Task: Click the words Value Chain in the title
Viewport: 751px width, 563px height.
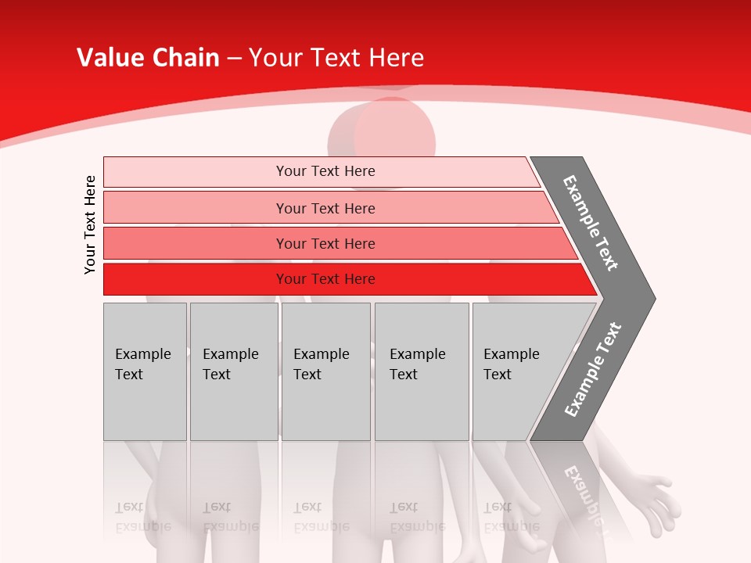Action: pos(148,58)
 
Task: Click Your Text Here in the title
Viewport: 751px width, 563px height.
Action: pos(336,58)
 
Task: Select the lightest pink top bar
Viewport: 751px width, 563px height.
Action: pos(325,171)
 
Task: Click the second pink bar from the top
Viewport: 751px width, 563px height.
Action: pos(325,208)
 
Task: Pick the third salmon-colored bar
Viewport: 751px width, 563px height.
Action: pos(325,243)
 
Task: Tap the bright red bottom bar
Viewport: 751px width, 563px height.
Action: pos(325,279)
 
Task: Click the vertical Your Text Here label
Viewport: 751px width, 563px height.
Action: pos(90,225)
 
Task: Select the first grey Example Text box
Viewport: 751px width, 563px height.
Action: pos(145,371)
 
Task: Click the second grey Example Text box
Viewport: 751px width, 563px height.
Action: pos(233,371)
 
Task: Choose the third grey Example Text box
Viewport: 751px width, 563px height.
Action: pos(325,371)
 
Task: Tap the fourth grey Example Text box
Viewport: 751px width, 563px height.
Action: pos(421,371)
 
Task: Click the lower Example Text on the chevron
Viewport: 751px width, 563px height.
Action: pos(593,369)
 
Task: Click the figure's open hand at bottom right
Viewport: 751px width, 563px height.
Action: pos(653,500)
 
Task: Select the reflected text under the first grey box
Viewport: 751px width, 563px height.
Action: pos(142,517)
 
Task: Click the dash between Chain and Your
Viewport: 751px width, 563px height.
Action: pos(234,59)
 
